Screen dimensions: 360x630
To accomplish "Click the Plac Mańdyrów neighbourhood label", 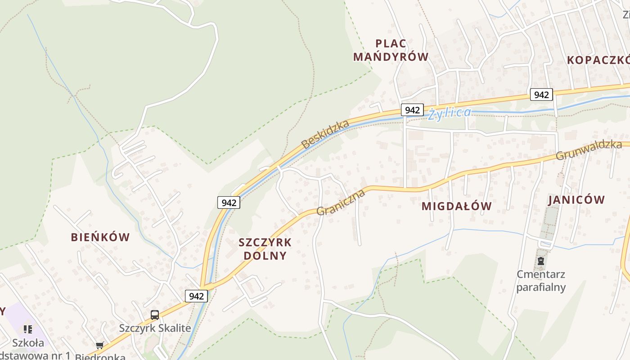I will [x=391, y=50].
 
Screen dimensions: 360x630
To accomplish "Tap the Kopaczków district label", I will [x=598, y=60].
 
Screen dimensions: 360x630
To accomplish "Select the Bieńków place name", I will [x=100, y=237].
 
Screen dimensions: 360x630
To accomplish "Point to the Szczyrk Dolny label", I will [x=265, y=249].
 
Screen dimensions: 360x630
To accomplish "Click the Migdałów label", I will [x=456, y=206].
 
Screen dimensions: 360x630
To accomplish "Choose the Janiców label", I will [x=576, y=200].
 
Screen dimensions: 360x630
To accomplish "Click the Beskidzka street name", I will [x=325, y=134].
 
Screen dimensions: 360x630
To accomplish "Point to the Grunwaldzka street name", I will [x=589, y=150].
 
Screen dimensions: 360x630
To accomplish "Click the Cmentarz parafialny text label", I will [x=541, y=281].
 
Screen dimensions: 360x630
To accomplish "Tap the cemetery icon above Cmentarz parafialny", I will [x=541, y=261].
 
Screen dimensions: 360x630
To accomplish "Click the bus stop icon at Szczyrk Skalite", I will [x=155, y=315].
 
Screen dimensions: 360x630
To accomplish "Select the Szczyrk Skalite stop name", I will [x=155, y=328].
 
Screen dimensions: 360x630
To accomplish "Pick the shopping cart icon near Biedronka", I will [x=99, y=346].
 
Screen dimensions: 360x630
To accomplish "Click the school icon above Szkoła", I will [x=28, y=329].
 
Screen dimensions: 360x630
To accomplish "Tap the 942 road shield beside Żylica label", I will [x=412, y=110].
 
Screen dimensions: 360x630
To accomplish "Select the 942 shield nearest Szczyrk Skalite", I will [x=196, y=296].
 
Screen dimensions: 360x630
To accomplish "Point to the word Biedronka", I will [x=100, y=357].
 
